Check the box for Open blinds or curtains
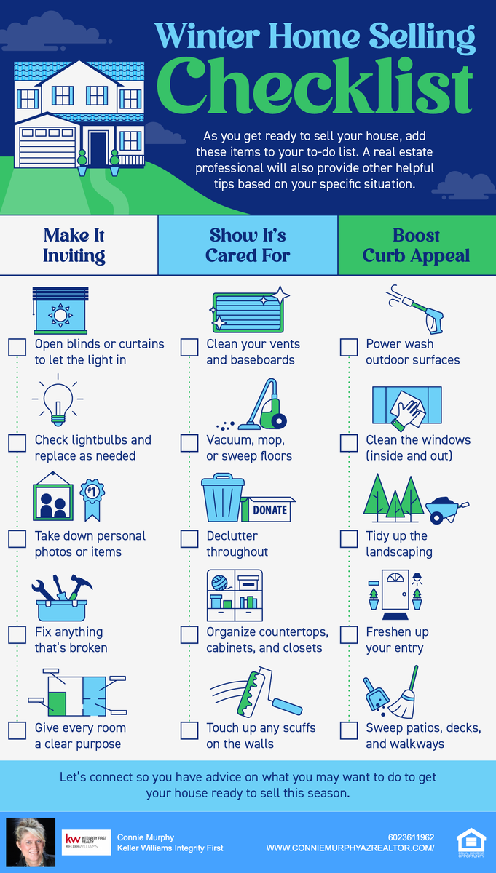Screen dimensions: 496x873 17,347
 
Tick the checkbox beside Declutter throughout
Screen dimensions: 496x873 189,539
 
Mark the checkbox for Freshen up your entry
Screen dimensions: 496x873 349,635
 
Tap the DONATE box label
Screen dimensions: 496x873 269,510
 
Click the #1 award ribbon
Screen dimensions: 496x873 92,500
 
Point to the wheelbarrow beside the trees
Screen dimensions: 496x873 446,509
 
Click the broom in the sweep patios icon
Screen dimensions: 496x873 404,693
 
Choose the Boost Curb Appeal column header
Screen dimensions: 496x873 417,246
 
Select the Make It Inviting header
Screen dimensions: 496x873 74,246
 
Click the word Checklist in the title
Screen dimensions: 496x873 315,87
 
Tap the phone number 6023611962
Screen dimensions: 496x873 411,837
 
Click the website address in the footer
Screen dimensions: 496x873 350,848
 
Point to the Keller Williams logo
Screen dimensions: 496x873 86,842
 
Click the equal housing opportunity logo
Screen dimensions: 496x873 471,843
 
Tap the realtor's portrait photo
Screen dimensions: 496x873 31,842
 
